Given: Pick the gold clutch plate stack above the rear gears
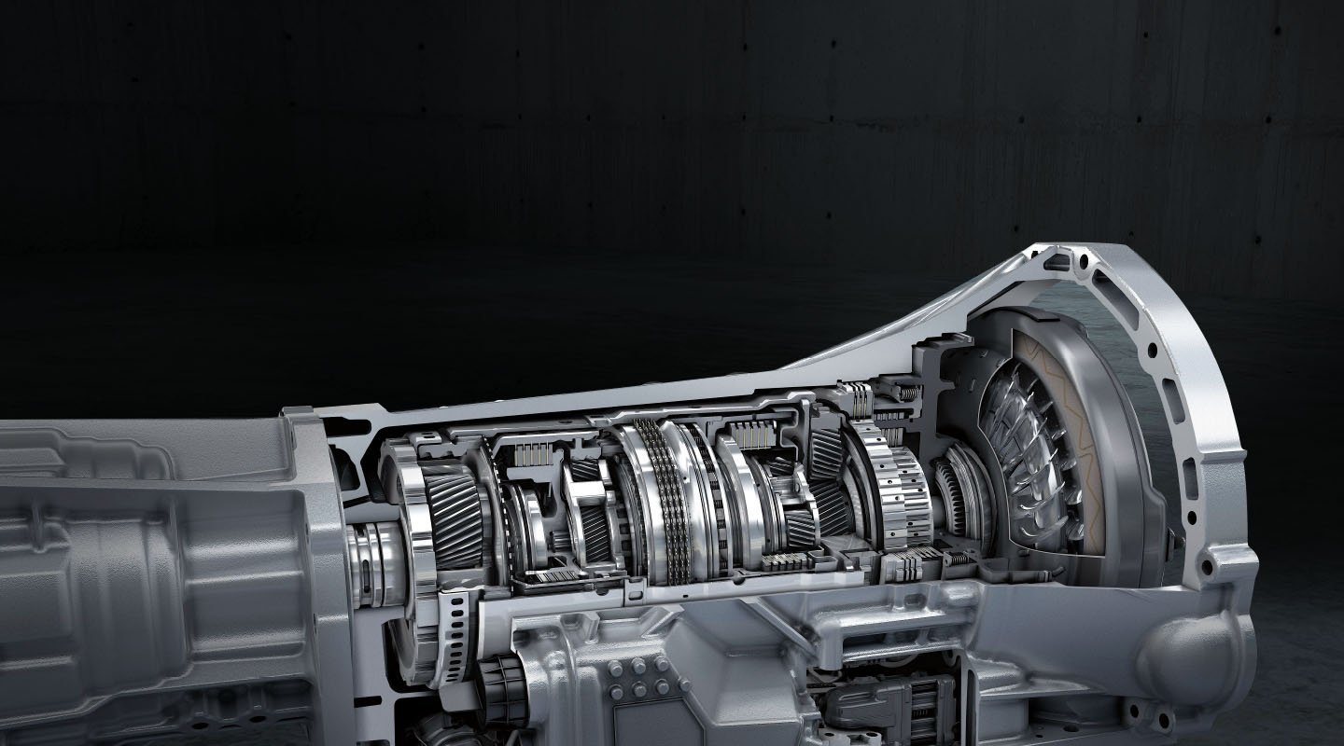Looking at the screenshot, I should [x=527, y=454].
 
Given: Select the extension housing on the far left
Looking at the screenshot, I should [x=140, y=578].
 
